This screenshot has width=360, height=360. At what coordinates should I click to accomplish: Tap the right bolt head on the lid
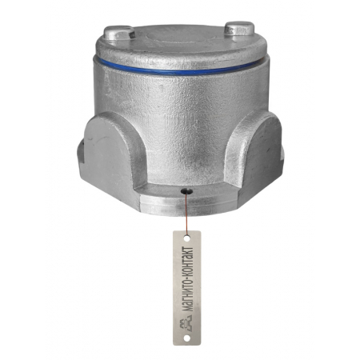(239, 28)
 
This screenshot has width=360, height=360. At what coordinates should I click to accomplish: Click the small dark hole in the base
(186, 190)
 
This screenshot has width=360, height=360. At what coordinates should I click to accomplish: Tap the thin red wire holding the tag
(186, 214)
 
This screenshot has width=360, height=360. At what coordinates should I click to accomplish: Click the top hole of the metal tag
(187, 238)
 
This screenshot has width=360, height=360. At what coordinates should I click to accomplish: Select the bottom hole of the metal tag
(187, 338)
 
